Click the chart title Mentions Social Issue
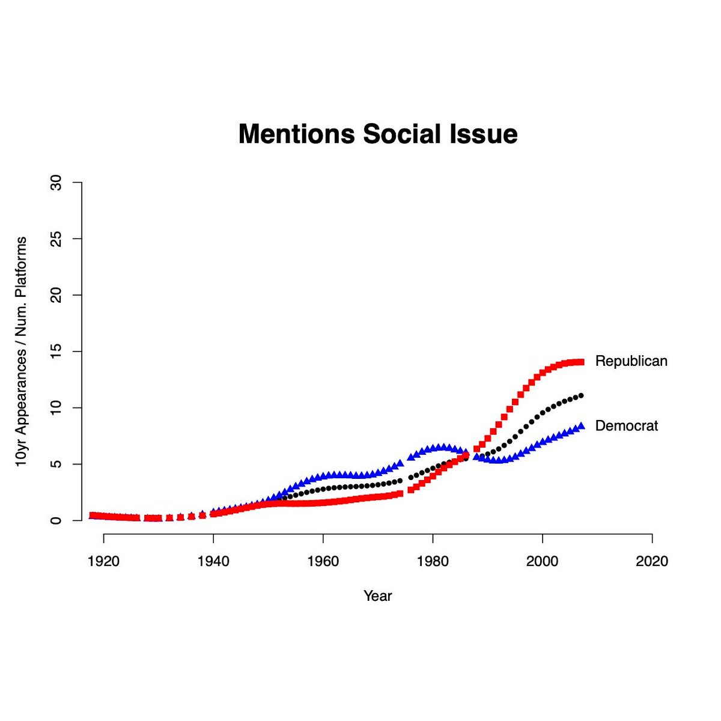click(378, 134)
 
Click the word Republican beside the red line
click(631, 361)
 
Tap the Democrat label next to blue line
click(626, 426)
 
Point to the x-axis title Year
click(377, 596)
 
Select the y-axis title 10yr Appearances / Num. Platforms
click(21, 351)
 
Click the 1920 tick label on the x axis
click(104, 562)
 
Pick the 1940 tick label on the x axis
click(213, 562)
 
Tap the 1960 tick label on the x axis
click(323, 562)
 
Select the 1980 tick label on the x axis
click(433, 562)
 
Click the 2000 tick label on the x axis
click(543, 562)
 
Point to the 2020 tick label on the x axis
click(652, 562)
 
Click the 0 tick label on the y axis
click(56, 520)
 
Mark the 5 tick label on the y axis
click(56, 464)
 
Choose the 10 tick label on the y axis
click(56, 407)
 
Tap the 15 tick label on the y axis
click(56, 351)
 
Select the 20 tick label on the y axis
click(56, 295)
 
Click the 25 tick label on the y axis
click(56, 239)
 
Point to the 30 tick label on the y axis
click(56, 182)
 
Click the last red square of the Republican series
click(580, 362)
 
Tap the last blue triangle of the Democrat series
click(580, 426)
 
